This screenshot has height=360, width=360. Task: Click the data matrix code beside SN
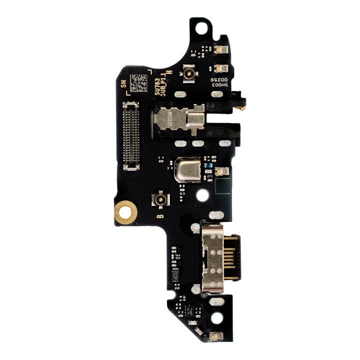click(139, 82)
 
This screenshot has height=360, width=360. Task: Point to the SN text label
click(123, 84)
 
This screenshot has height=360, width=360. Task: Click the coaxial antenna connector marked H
click(189, 73)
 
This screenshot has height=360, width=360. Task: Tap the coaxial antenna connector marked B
click(160, 199)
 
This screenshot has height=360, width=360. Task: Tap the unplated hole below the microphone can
click(202, 195)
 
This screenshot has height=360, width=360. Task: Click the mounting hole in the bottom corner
click(216, 318)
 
